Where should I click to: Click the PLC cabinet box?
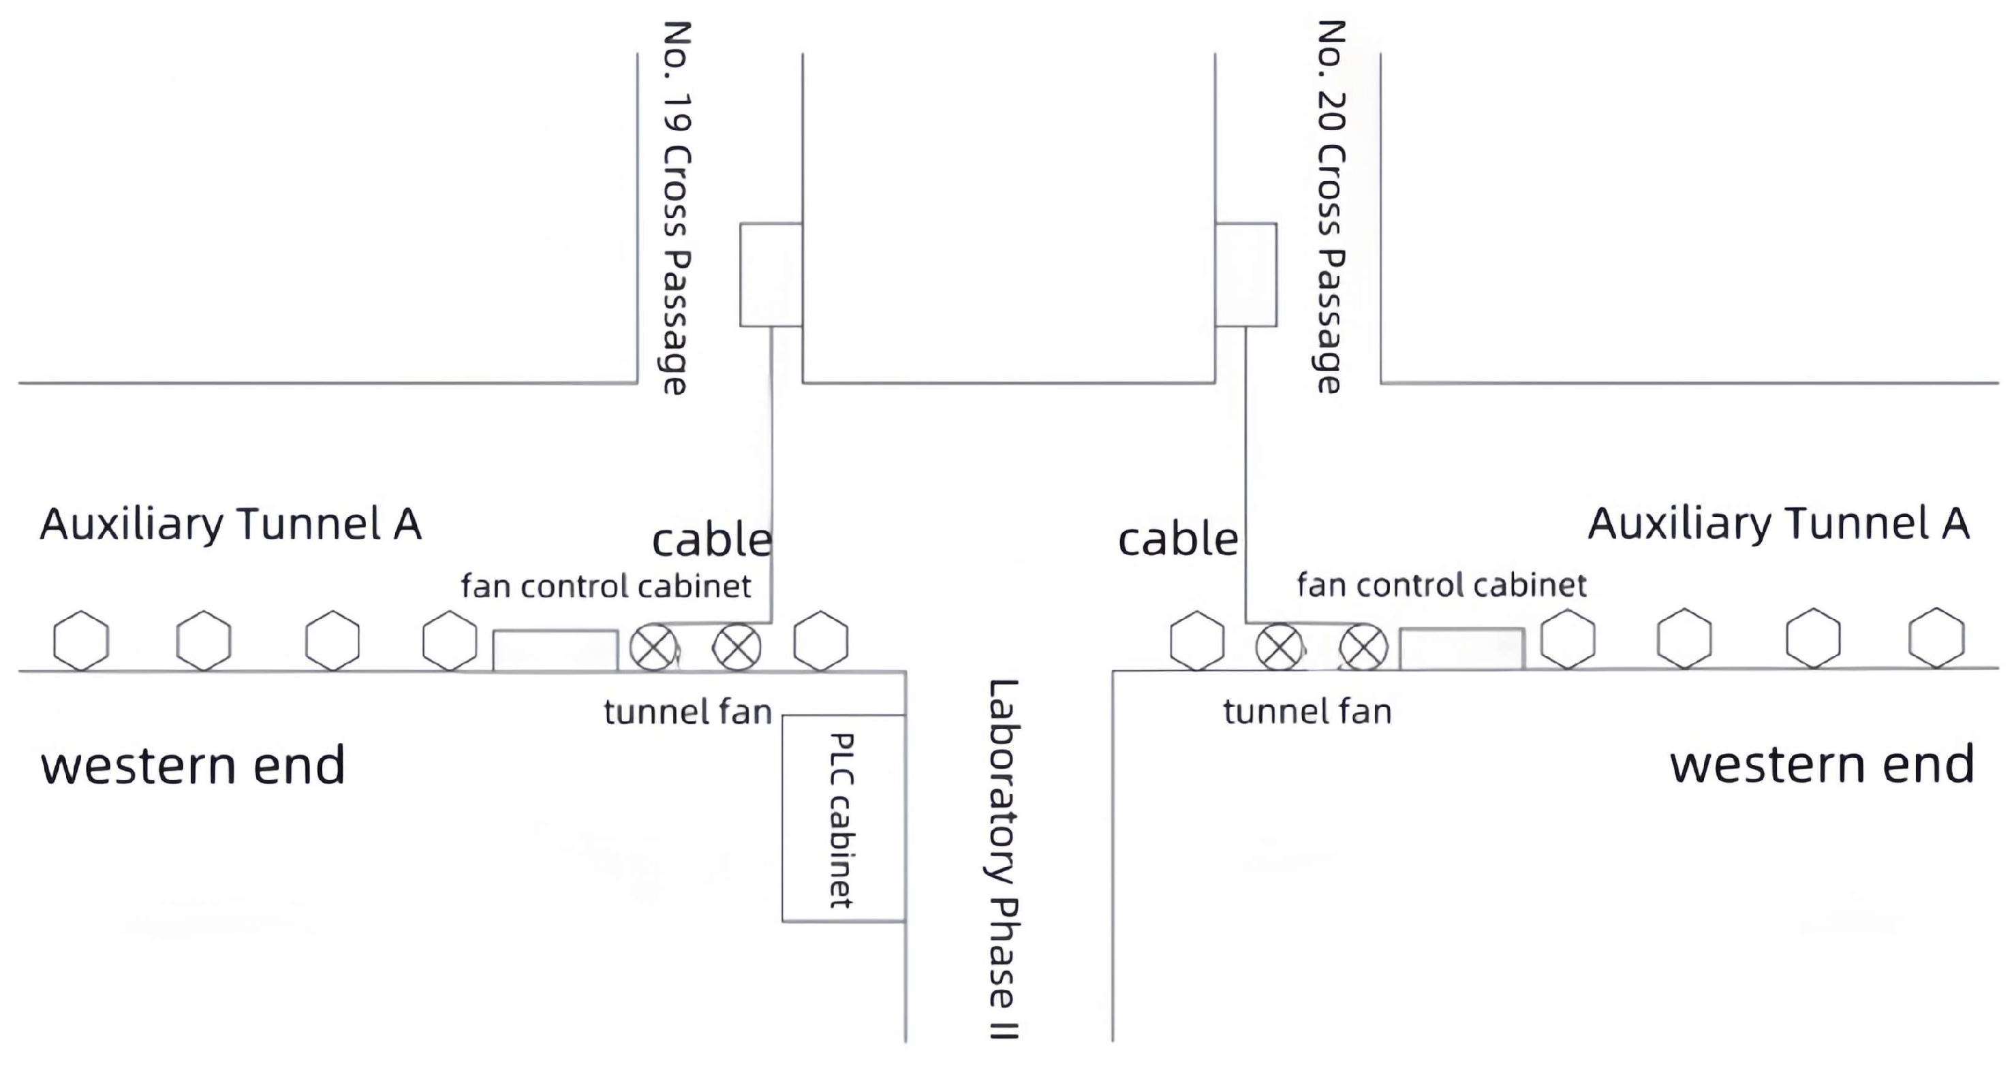[843, 817]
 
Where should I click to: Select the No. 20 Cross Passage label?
[1331, 207]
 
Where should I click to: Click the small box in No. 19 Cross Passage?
[771, 274]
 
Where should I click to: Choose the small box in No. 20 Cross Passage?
[1246, 274]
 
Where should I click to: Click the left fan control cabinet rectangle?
[555, 650]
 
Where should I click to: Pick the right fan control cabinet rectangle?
[1461, 648]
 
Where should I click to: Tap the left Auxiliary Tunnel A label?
[231, 524]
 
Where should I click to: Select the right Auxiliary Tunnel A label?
[1778, 524]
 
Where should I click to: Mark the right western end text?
[1823, 764]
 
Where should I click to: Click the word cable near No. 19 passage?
[711, 541]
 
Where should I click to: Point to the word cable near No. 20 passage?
[1178, 540]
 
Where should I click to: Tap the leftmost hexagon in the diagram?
[81, 641]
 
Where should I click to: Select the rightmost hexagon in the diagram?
[1936, 638]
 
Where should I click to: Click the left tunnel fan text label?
[688, 712]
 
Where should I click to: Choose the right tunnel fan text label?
[1307, 712]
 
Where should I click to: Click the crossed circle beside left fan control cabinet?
[653, 648]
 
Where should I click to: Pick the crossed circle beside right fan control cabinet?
[1363, 648]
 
